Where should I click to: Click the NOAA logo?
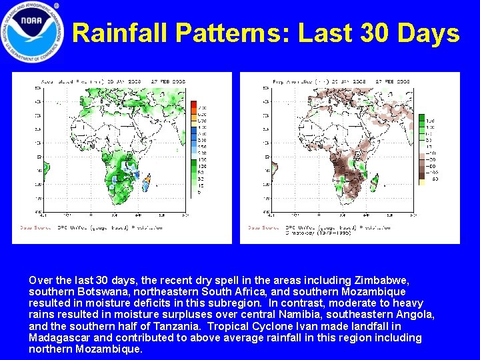33,33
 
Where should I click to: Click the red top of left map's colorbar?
193,105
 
